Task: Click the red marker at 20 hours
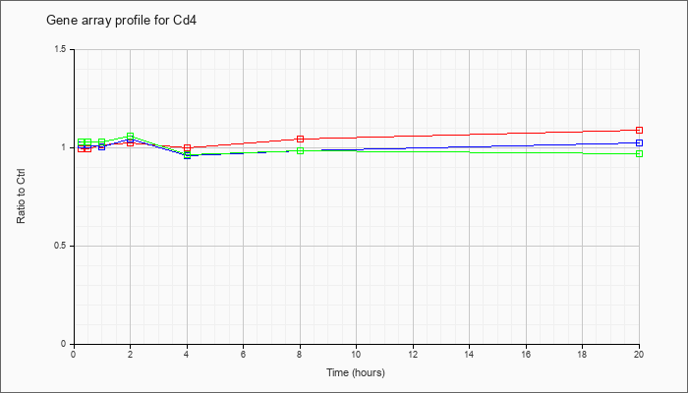pos(639,130)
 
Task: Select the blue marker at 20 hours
pos(639,142)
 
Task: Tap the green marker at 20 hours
pos(639,153)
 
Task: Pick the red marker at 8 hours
pos(300,139)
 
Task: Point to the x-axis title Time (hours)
pos(356,372)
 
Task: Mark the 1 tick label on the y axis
pos(63,147)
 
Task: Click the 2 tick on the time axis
pos(130,355)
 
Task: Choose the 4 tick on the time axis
pos(187,355)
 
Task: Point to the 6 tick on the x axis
pos(243,355)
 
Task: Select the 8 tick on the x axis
pos(300,355)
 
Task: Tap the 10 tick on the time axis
pos(356,355)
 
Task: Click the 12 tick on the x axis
pos(413,355)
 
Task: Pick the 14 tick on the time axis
pos(469,355)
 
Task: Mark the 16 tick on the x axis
pos(526,355)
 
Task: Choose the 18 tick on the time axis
pos(582,355)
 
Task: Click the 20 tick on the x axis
pos(639,355)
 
